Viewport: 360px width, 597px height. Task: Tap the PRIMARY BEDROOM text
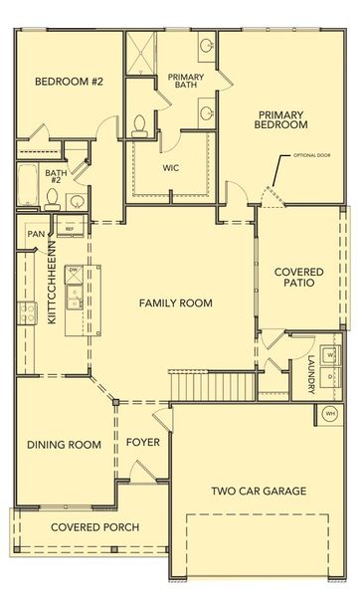click(x=279, y=119)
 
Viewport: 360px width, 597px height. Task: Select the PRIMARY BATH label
click(x=185, y=81)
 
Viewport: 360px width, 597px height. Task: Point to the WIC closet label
click(x=171, y=167)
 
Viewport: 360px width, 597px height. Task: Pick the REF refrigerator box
click(x=70, y=229)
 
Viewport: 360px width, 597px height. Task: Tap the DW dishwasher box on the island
click(x=74, y=270)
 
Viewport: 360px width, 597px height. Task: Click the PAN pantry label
click(x=36, y=234)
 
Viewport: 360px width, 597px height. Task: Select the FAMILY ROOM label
click(x=175, y=302)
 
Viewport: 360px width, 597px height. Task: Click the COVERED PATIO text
click(x=296, y=277)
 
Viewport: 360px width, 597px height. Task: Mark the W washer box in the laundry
click(x=330, y=353)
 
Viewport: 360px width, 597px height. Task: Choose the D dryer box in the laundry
click(x=330, y=377)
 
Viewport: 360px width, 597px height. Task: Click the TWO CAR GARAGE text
click(x=258, y=491)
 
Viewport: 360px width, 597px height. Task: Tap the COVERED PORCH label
click(x=94, y=526)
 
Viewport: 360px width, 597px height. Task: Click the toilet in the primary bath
click(x=142, y=121)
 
